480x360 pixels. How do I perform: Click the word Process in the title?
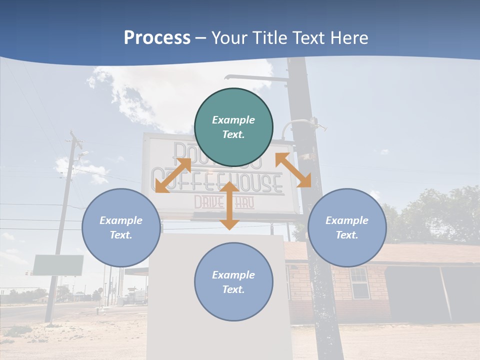click(157, 38)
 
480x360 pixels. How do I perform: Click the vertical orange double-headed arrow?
click(229, 206)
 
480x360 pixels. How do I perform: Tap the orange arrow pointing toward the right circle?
click(293, 170)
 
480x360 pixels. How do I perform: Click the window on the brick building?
click(358, 282)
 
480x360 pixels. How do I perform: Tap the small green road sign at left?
click(58, 265)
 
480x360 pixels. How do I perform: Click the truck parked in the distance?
click(137, 296)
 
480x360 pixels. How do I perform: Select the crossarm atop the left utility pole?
click(75, 138)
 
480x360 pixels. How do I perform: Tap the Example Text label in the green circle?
click(233, 127)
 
